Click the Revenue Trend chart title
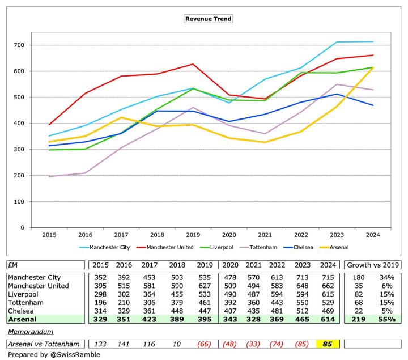coord(209,19)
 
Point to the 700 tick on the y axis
coord(19,45)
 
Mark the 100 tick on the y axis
coord(19,201)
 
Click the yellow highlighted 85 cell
coord(328,344)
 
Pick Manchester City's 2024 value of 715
coord(328,277)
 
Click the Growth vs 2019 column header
coord(373,264)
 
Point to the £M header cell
coord(12,264)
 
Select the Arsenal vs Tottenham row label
coord(41,344)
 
